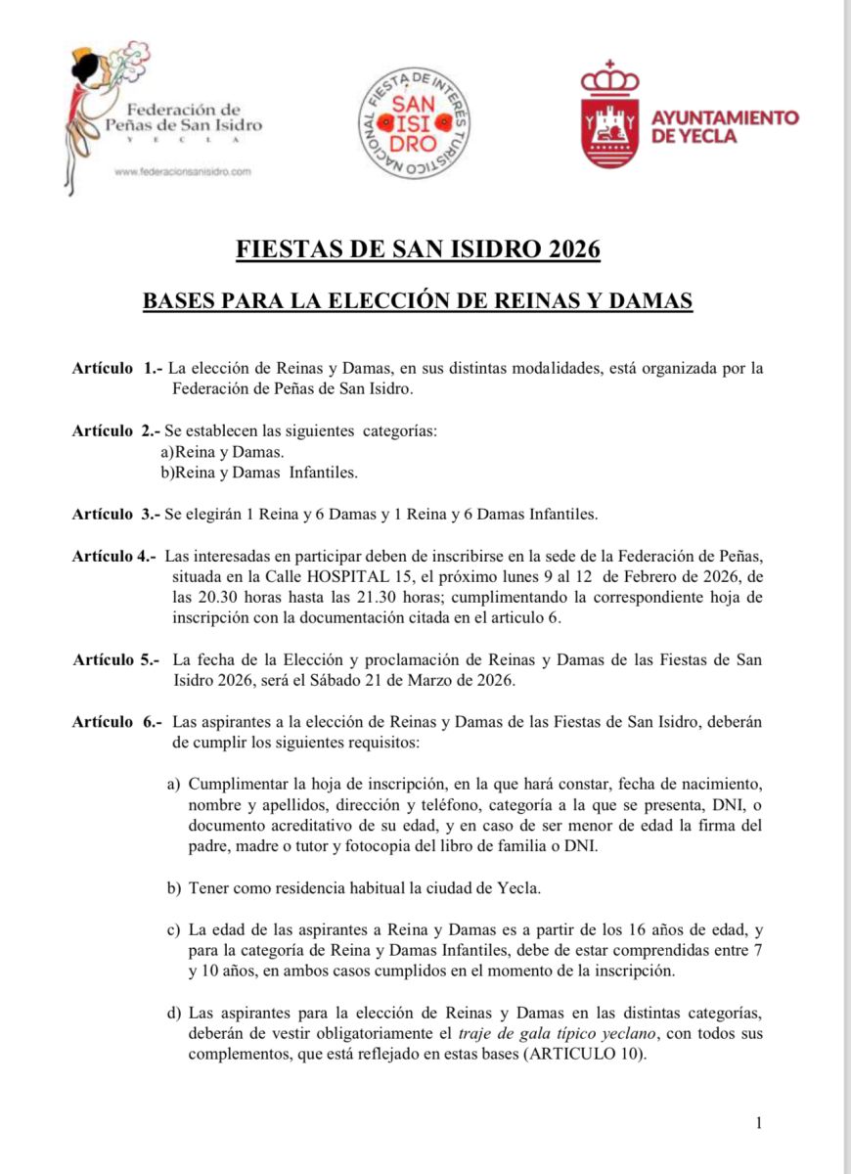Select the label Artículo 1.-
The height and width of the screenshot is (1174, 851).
[x=116, y=369]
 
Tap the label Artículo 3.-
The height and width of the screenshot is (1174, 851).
[x=116, y=514]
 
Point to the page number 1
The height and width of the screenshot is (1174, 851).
[x=759, y=1123]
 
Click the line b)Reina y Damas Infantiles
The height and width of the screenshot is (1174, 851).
[x=259, y=473]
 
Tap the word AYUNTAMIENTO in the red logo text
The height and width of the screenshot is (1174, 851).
[x=724, y=117]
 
